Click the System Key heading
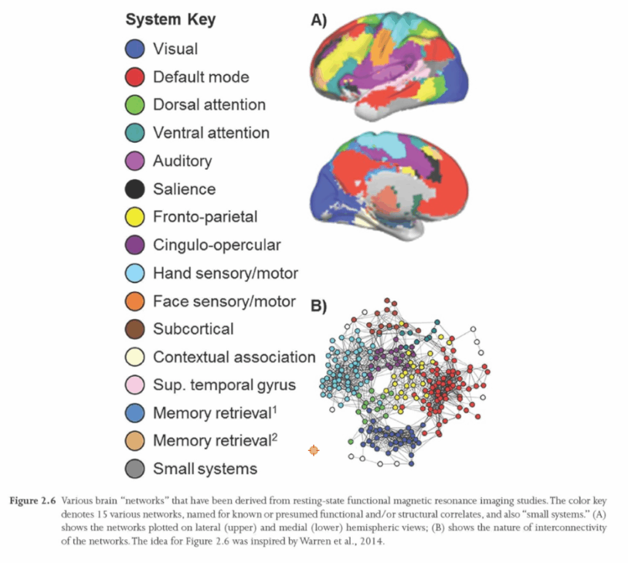[x=170, y=20]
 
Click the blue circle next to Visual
[x=135, y=49]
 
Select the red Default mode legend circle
[x=135, y=77]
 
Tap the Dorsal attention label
[x=209, y=105]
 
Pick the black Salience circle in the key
[x=135, y=189]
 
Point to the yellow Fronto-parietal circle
[x=135, y=217]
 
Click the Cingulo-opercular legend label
[x=216, y=245]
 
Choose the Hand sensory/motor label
[x=224, y=273]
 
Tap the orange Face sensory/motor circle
[x=135, y=301]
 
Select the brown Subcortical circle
[x=135, y=329]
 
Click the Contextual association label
[x=234, y=357]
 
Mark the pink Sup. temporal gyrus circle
[x=135, y=385]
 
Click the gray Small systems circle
[x=135, y=469]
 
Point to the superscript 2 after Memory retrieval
[x=276, y=436]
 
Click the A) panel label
[x=318, y=20]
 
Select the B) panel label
[x=318, y=306]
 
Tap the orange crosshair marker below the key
[x=313, y=451]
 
